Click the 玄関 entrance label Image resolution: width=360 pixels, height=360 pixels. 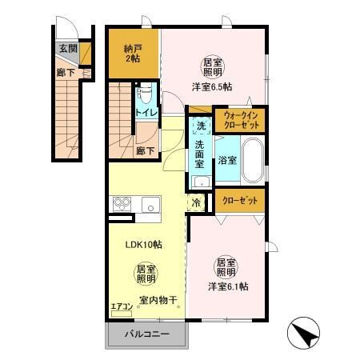pos(68,49)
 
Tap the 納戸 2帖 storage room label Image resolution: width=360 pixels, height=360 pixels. pos(133,54)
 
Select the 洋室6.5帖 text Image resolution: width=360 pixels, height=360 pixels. pos(212,86)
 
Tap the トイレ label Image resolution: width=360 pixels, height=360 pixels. pos(146,112)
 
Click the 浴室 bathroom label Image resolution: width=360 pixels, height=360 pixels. pos(226,160)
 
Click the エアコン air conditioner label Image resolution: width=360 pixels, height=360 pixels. pos(122,306)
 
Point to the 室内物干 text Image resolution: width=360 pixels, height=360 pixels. pos(157,300)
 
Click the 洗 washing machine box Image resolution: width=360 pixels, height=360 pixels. pos(200,126)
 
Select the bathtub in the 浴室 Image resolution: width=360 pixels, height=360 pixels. pos(253,160)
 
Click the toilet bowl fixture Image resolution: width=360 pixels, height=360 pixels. pos(144,94)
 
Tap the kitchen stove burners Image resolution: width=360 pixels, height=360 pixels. pos(122,204)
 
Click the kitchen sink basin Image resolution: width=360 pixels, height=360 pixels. pos(150,205)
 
